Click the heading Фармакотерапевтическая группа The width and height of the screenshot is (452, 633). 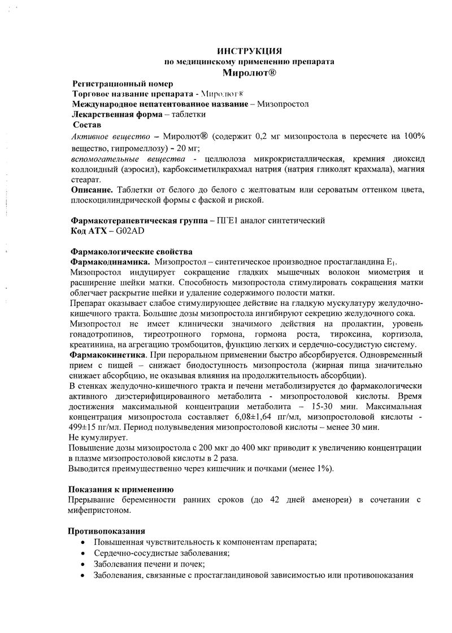136,221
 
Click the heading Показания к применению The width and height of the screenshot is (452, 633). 121,490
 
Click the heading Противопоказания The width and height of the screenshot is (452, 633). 106,531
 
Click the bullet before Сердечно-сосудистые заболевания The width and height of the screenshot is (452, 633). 83,553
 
